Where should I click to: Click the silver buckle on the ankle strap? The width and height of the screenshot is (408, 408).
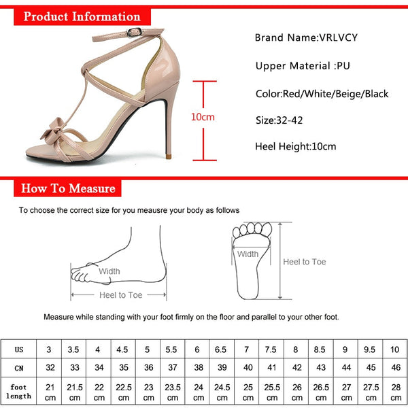tap(134, 32)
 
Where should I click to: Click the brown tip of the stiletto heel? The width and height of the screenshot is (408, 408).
tap(169, 156)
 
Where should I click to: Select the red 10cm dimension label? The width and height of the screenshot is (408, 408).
tap(203, 117)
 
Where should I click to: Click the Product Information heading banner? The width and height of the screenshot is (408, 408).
tap(82, 16)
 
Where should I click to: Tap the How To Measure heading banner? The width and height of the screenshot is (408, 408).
tap(67, 188)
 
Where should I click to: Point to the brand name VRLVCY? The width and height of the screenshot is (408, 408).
tap(338, 37)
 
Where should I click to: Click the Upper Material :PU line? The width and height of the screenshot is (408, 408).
tap(303, 65)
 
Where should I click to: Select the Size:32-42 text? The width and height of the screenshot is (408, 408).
tap(279, 120)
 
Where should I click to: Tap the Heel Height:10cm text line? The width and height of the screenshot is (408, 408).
tap(296, 146)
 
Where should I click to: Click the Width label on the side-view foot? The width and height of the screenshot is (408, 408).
tap(109, 271)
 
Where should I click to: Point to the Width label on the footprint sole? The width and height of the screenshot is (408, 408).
tap(248, 254)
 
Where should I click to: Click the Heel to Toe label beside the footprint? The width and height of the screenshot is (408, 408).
tap(305, 262)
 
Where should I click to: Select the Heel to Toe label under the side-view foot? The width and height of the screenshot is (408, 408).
tap(121, 295)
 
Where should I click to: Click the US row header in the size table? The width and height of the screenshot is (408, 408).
tap(19, 350)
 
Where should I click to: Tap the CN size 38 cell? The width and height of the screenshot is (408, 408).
tap(199, 367)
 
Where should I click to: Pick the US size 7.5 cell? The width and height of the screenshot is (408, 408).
tap(271, 350)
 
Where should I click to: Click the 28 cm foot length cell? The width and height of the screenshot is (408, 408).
tap(396, 392)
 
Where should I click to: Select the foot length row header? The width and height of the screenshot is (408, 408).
tap(19, 392)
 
